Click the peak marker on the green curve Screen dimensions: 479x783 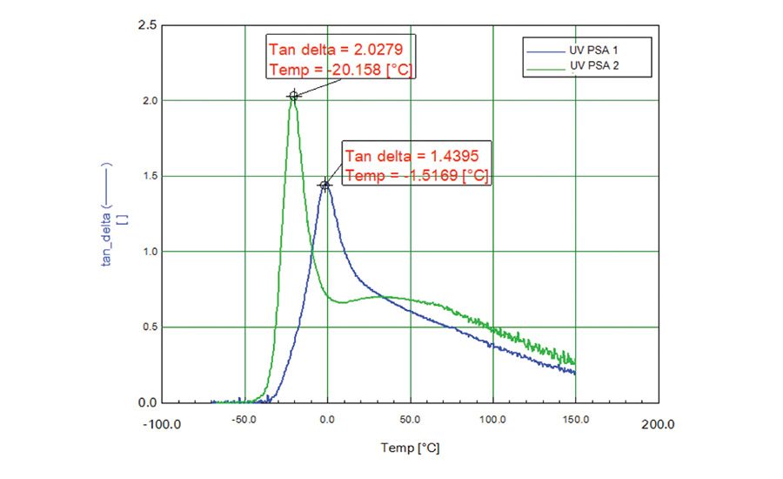coord(294,96)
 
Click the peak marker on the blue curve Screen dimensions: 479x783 coord(325,186)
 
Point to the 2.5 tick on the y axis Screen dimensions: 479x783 coord(148,25)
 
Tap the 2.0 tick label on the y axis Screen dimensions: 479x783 coord(148,101)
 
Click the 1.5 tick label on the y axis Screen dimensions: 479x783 coord(148,176)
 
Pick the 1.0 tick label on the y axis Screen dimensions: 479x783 coord(148,252)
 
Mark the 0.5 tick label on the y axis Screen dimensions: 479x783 coord(148,327)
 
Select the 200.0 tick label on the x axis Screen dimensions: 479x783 coord(658,425)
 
